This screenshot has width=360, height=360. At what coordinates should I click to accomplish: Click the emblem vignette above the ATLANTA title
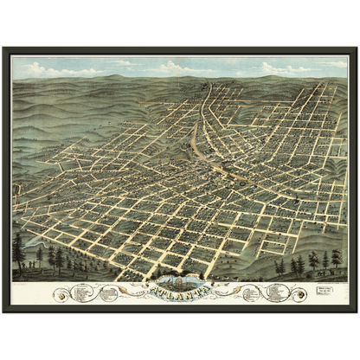[179, 279]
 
